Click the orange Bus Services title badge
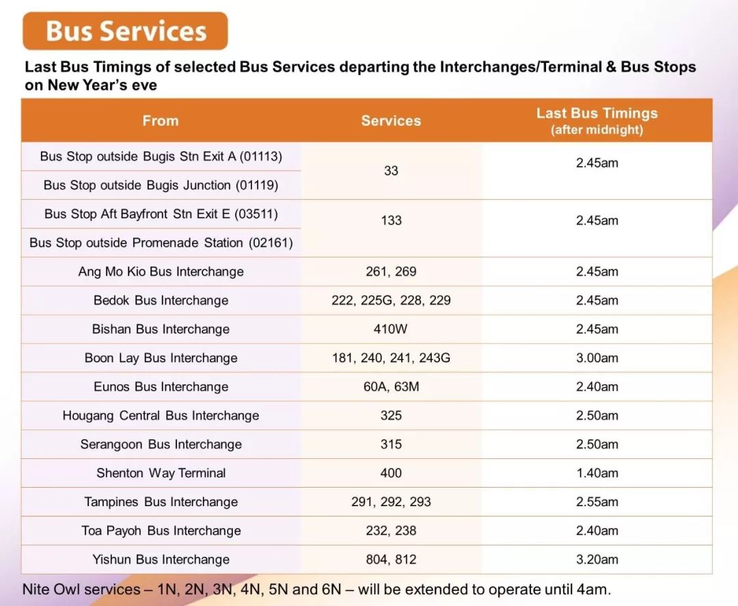pos(125,31)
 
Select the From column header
pos(161,120)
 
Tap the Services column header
pos(391,120)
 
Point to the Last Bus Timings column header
pos(597,120)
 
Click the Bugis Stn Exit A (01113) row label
pos(161,157)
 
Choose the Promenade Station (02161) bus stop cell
pos(161,243)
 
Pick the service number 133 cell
pos(391,220)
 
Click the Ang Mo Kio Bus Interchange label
pos(161,272)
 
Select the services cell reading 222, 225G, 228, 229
pos(391,301)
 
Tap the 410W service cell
pos(390,329)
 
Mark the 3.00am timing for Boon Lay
pos(597,358)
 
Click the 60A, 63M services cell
pos(391,387)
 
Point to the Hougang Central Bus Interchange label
pos(161,416)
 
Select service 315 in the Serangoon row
pos(391,445)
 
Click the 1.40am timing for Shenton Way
pos(597,473)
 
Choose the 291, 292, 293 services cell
pos(391,502)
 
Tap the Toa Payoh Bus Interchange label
pos(161,531)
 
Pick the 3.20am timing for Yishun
pos(597,559)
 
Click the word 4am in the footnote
pos(593,590)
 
